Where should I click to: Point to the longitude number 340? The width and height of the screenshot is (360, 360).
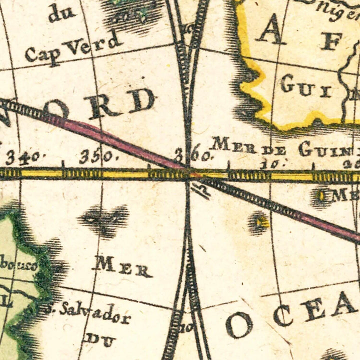[x=22, y=157]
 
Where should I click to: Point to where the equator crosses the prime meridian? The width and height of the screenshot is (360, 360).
[x=188, y=174]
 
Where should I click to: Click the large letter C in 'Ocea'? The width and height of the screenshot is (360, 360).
[x=282, y=314]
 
